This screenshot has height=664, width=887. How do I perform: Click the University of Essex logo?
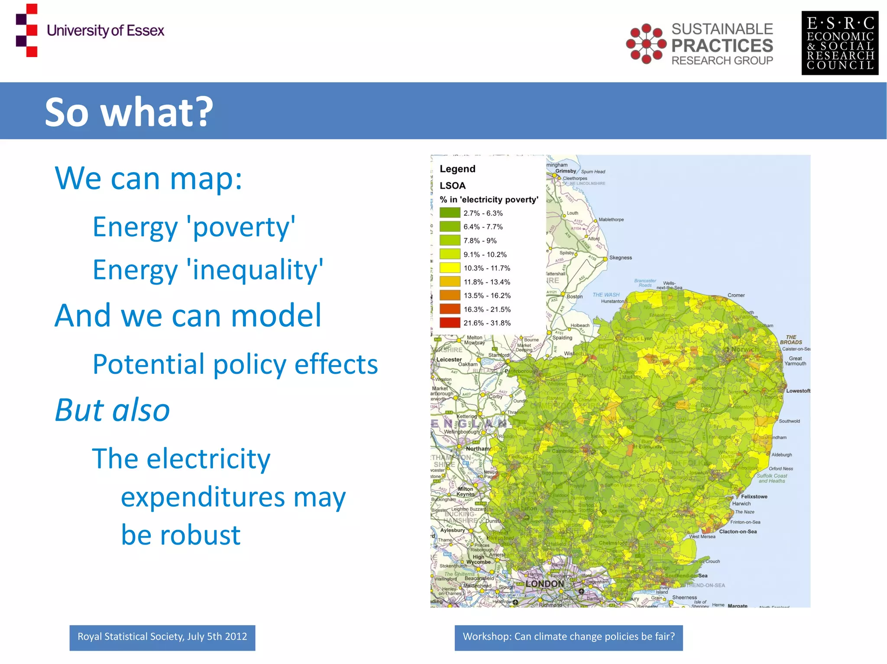pyautogui.click(x=90, y=30)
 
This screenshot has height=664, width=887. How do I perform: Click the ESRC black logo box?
pyautogui.click(x=839, y=43)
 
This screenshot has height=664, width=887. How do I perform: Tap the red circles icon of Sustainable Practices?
pyautogui.click(x=646, y=44)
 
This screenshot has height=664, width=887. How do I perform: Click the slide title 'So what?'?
pyautogui.click(x=129, y=112)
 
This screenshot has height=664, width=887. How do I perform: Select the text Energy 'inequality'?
pyautogui.click(x=208, y=270)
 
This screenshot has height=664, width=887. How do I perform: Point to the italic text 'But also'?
pyautogui.click(x=112, y=410)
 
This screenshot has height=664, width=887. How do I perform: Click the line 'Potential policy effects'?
pyautogui.click(x=235, y=364)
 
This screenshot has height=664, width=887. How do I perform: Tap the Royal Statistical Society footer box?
pyautogui.click(x=162, y=637)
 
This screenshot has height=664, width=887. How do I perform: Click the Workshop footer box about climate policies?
pyautogui.click(x=568, y=637)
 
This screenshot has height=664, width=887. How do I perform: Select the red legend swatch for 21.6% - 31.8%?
pyautogui.click(x=450, y=323)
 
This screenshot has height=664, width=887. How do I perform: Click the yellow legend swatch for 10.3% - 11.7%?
pyautogui.click(x=450, y=268)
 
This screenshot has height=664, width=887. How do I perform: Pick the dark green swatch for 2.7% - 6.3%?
pyautogui.click(x=450, y=213)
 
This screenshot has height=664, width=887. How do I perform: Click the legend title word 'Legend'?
pyautogui.click(x=457, y=169)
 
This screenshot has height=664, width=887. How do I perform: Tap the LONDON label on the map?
pyautogui.click(x=544, y=584)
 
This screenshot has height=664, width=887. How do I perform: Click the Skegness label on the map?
pyautogui.click(x=620, y=258)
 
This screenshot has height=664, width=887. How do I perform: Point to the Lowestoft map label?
pyautogui.click(x=798, y=391)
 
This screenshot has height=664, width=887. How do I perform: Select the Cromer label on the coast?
pyautogui.click(x=736, y=295)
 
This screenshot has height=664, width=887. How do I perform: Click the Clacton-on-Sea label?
pyautogui.click(x=738, y=532)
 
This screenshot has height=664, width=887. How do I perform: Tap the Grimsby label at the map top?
pyautogui.click(x=566, y=171)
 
